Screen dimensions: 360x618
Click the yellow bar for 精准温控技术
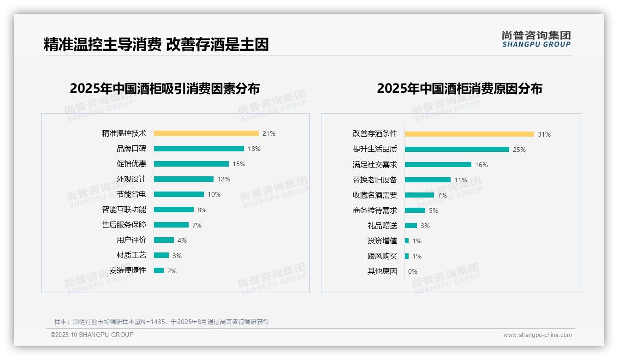click(x=206, y=133)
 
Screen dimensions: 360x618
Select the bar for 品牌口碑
click(x=199, y=149)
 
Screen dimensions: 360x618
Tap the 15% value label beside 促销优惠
click(x=238, y=164)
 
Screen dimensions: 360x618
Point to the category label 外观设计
click(x=131, y=179)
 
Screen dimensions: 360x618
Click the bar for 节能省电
click(x=179, y=194)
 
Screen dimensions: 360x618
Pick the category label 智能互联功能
click(x=124, y=210)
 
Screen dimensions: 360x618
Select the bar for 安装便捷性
click(x=159, y=270)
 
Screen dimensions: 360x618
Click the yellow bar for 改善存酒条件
click(x=469, y=134)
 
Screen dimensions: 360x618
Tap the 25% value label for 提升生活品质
click(x=519, y=150)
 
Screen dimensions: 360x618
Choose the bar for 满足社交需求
click(x=438, y=165)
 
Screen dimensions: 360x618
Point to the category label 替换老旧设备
click(x=374, y=180)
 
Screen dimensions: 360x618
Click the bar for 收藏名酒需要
click(x=419, y=195)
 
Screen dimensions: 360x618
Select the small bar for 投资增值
click(x=407, y=241)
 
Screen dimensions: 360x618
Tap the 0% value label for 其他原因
click(x=412, y=271)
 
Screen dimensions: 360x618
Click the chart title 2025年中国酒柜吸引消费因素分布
click(x=165, y=88)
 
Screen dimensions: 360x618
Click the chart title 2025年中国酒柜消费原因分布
click(x=459, y=88)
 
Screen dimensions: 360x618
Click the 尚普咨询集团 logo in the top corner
click(x=536, y=39)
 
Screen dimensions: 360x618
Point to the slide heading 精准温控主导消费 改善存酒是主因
click(x=156, y=45)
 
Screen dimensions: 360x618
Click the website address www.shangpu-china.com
click(x=537, y=335)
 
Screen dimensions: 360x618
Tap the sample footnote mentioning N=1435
click(x=161, y=322)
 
